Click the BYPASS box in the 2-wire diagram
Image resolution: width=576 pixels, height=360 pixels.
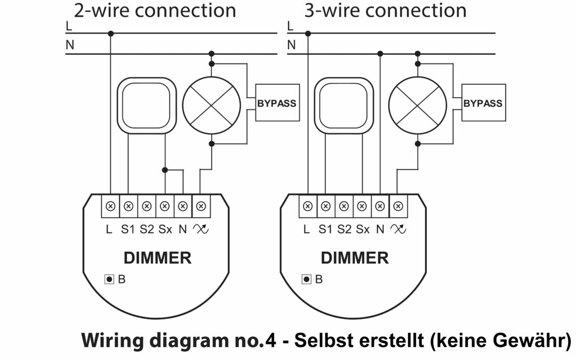click(276, 103)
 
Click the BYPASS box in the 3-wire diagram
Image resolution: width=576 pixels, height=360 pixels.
click(483, 103)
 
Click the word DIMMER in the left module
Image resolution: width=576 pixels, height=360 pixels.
click(157, 258)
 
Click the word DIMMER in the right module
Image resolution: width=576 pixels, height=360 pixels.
click(355, 258)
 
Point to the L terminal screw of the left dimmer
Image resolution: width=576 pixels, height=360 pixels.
click(110, 206)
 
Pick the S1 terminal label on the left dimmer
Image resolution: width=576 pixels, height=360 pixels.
click(128, 230)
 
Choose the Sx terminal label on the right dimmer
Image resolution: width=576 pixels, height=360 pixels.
click(363, 230)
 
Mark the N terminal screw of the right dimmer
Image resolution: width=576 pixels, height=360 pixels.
click(380, 206)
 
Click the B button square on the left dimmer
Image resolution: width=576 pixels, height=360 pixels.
click(109, 279)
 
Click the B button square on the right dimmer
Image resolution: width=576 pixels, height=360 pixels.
click(307, 279)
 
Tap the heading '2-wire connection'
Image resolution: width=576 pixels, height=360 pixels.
click(155, 10)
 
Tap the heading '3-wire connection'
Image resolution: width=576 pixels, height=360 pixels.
click(385, 10)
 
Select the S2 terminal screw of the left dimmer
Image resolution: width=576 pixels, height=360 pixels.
click(147, 206)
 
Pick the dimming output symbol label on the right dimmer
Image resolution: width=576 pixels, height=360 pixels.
click(398, 230)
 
